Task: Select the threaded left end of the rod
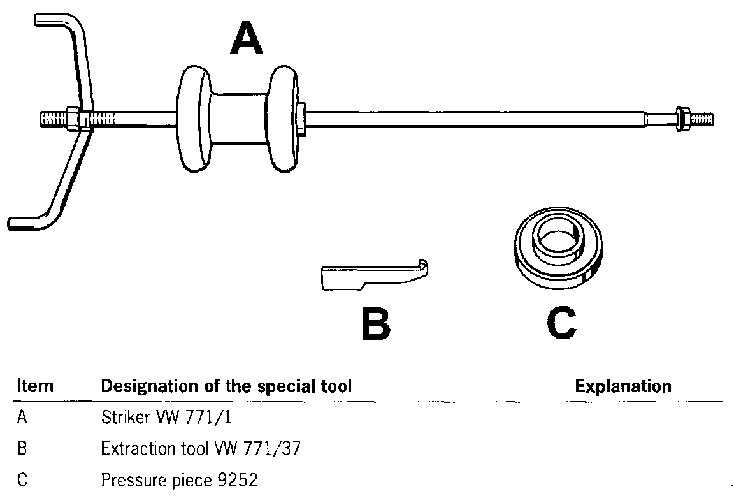[x=54, y=119]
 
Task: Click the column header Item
[x=34, y=386]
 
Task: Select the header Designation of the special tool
[x=226, y=386]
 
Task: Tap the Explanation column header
[x=622, y=386]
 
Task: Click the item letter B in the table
[x=22, y=449]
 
